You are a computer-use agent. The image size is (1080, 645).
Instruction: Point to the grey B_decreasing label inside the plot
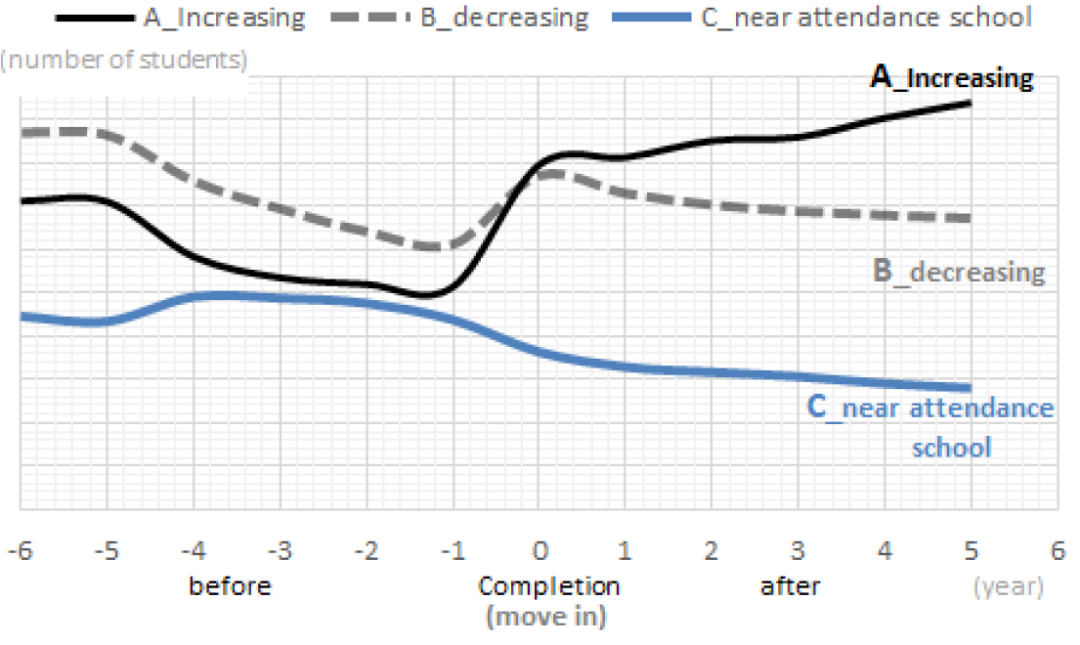point(958,271)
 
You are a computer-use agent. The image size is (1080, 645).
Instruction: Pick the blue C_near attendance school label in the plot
point(930,427)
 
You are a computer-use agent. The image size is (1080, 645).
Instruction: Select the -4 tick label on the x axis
point(194,552)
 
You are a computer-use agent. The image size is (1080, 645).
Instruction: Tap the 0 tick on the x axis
point(539,552)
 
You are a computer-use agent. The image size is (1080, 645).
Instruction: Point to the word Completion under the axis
point(548,587)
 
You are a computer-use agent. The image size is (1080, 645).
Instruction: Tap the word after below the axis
point(790,587)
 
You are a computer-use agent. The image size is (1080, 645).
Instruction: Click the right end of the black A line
point(970,102)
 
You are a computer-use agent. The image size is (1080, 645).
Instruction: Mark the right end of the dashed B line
point(970,217)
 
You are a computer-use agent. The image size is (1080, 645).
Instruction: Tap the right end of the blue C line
point(970,388)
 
